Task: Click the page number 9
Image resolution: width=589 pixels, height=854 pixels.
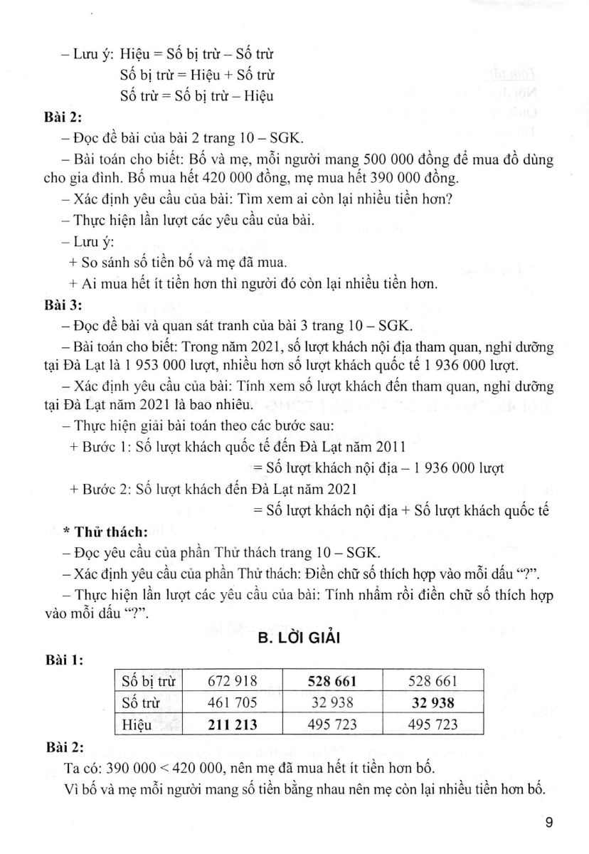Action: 549,823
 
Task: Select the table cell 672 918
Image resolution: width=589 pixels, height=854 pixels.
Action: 232,682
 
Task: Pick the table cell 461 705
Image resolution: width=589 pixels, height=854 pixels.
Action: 232,704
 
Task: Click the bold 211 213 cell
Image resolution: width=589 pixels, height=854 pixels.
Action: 232,724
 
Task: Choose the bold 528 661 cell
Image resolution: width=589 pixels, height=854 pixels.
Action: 331,682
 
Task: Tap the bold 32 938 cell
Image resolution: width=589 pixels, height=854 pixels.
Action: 433,704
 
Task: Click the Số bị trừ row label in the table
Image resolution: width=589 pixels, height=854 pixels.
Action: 147,682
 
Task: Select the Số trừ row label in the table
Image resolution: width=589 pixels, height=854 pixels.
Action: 140,704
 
